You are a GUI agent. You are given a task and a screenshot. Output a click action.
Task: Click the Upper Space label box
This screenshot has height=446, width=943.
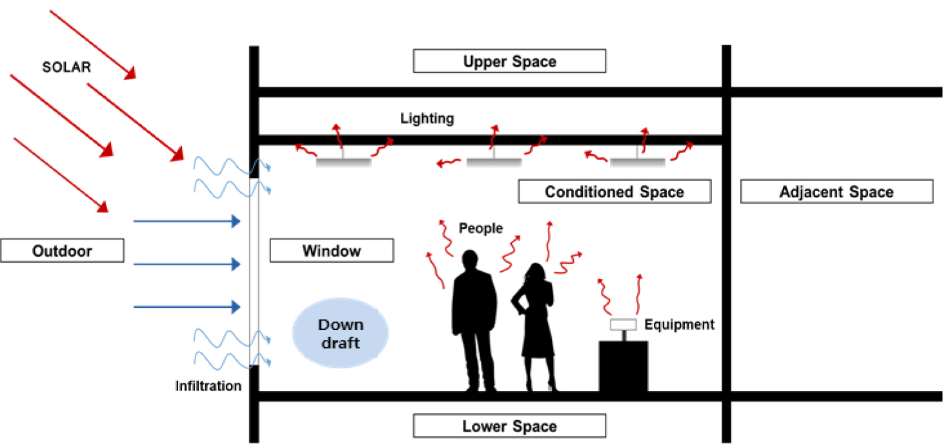pyautogui.click(x=509, y=61)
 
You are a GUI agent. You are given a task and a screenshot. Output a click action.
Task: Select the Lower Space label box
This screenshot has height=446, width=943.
pyautogui.click(x=509, y=426)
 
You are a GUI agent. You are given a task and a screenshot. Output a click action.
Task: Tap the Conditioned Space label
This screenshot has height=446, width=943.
pyautogui.click(x=614, y=192)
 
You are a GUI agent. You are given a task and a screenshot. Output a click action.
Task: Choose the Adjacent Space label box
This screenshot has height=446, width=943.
pyautogui.click(x=837, y=192)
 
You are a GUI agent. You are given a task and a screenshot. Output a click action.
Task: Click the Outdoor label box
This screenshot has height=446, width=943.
pyautogui.click(x=63, y=250)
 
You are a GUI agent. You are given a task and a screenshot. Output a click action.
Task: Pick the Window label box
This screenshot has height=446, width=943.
pyautogui.click(x=332, y=250)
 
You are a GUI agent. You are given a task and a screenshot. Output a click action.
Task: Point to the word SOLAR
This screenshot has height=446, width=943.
pyautogui.click(x=66, y=67)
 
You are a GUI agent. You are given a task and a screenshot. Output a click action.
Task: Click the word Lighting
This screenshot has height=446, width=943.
pyautogui.click(x=427, y=119)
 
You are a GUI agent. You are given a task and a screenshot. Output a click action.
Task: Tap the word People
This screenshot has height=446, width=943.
pyautogui.click(x=481, y=228)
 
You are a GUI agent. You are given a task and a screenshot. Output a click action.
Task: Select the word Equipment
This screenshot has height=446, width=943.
pyautogui.click(x=679, y=325)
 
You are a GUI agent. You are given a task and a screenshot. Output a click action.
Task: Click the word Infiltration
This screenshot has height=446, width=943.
pyautogui.click(x=208, y=386)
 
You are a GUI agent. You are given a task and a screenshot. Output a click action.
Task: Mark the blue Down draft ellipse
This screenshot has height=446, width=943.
pyautogui.click(x=340, y=333)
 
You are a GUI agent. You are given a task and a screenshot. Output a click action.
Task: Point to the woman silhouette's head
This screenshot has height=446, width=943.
pyautogui.click(x=536, y=272)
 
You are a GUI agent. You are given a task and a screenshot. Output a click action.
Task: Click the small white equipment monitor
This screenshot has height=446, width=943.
pyautogui.click(x=623, y=325)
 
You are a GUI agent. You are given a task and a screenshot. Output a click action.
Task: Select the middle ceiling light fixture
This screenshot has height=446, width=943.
pyautogui.click(x=494, y=162)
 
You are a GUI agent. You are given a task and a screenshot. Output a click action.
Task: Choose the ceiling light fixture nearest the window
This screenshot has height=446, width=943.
pyautogui.click(x=343, y=162)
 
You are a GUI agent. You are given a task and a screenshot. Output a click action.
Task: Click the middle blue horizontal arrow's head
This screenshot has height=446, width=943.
pyautogui.click(x=236, y=264)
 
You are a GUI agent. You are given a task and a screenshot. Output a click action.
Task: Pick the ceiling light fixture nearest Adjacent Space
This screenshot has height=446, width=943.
pyautogui.click(x=637, y=162)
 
